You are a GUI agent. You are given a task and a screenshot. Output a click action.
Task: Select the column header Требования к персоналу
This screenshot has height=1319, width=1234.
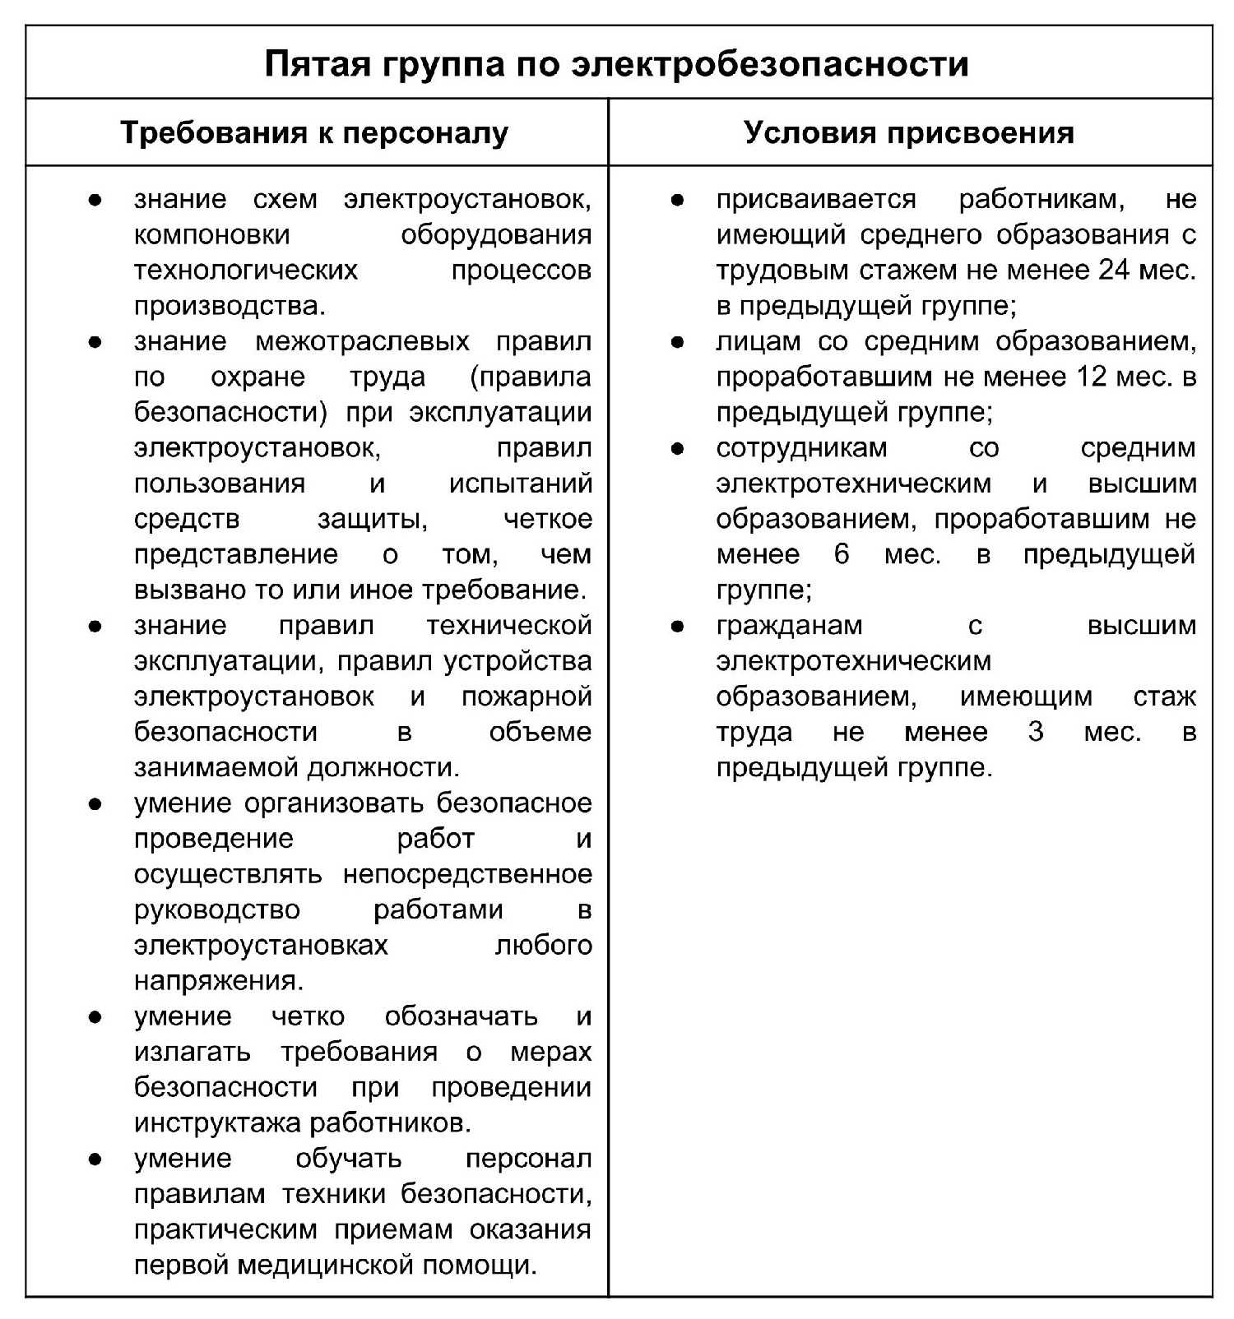pyautogui.click(x=314, y=132)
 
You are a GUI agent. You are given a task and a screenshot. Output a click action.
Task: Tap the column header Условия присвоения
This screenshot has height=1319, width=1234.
pyautogui.click(x=909, y=132)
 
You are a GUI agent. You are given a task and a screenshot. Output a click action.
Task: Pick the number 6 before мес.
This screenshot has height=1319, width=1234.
pyautogui.click(x=841, y=554)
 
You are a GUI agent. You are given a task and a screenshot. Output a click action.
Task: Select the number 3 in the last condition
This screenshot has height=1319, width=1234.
pyautogui.click(x=1036, y=732)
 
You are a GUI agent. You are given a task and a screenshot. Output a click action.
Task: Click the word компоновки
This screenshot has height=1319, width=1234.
pyautogui.click(x=212, y=234)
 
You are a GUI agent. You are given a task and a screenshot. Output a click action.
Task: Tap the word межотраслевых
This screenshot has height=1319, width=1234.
pyautogui.click(x=362, y=341)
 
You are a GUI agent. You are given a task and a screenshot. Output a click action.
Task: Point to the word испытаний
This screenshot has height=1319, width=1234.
pyautogui.click(x=520, y=484)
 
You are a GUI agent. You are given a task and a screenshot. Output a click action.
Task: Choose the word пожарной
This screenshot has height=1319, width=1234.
pyautogui.click(x=527, y=697)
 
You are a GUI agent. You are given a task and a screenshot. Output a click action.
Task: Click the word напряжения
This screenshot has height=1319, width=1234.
pyautogui.click(x=218, y=980)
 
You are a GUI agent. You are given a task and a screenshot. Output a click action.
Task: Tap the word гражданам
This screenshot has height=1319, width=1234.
pyautogui.click(x=789, y=626)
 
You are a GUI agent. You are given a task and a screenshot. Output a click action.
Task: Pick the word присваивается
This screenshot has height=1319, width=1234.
pyautogui.click(x=815, y=199)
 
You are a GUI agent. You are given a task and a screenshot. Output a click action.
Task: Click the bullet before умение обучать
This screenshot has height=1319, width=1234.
pyautogui.click(x=95, y=1159)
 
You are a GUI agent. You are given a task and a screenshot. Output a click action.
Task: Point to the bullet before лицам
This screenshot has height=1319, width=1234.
pyautogui.click(x=677, y=341)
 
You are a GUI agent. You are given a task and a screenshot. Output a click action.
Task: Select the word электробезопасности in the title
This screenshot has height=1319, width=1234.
pyautogui.click(x=769, y=63)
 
